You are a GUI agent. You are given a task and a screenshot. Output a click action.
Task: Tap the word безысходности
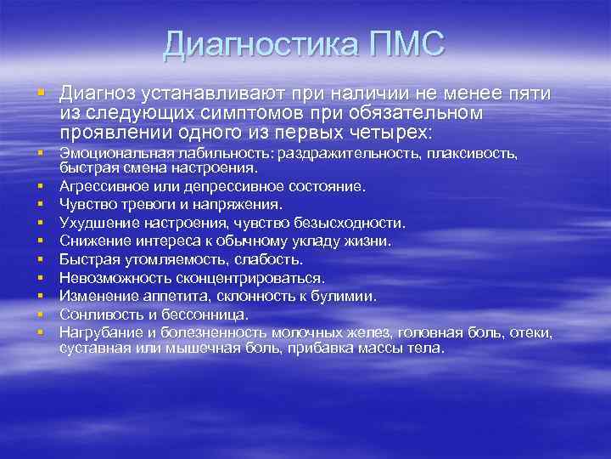pyautogui.click(x=357, y=223)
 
